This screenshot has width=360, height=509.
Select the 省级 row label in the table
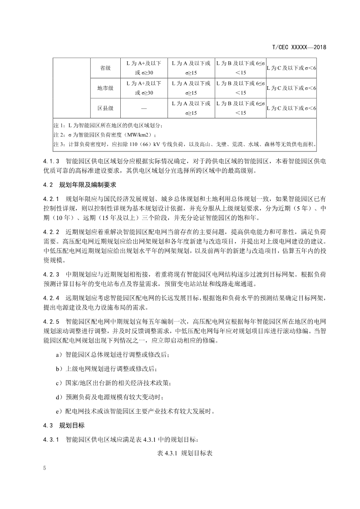(x=105, y=68)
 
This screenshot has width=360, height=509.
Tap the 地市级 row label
(x=105, y=88)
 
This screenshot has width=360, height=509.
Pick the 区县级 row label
(x=105, y=108)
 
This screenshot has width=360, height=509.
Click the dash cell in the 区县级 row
(x=144, y=108)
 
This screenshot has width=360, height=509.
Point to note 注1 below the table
(x=107, y=125)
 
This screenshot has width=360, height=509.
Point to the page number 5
(x=45, y=468)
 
